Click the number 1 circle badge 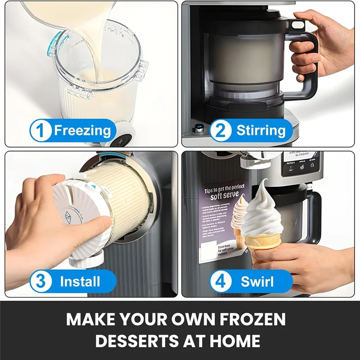(x=41, y=131)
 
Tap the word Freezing (x=82, y=131)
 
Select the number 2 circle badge (x=221, y=131)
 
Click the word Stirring (x=261, y=131)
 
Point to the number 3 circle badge (x=41, y=282)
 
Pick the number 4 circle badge (x=221, y=282)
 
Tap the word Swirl (x=257, y=282)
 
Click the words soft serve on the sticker (x=225, y=197)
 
